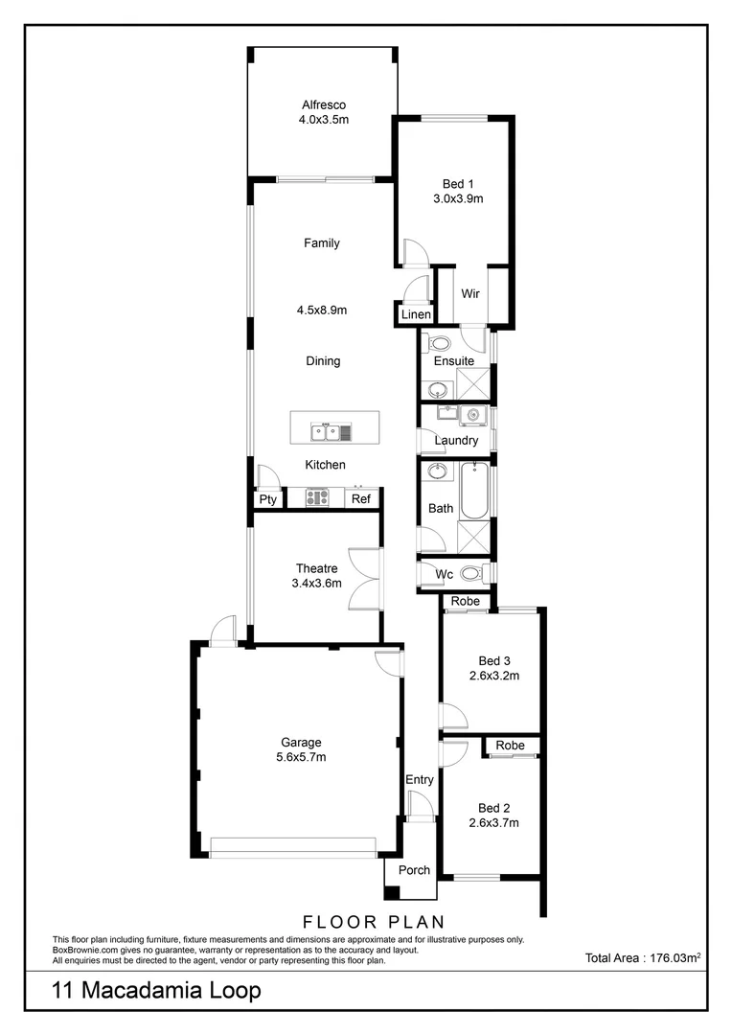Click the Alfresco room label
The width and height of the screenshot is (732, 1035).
322,105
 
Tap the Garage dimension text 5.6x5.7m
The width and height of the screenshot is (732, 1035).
301,757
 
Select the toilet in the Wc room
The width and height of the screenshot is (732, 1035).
470,574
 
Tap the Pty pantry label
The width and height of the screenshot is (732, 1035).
267,499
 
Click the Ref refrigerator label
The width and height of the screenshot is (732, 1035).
360,499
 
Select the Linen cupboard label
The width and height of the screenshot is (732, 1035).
417,314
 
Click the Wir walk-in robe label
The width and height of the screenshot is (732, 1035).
470,294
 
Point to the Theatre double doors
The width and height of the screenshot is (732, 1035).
364,577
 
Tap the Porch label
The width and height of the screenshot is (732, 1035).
415,870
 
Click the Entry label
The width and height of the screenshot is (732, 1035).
420,780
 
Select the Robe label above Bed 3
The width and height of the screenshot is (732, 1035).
466,602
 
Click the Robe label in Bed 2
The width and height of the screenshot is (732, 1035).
511,746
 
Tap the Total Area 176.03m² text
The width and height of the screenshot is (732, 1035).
643,957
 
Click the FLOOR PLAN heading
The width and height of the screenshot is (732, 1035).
374,922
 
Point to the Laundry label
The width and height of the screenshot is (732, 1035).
456,441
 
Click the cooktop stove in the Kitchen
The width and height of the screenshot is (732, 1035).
318,497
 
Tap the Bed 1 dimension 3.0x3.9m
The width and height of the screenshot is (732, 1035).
457,199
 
